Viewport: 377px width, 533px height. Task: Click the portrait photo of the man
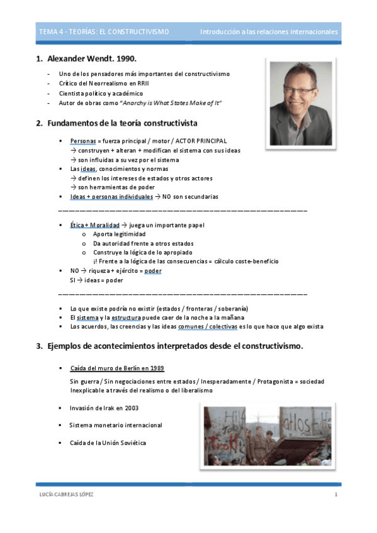click(x=300, y=94)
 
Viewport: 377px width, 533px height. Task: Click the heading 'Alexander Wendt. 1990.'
click(x=91, y=59)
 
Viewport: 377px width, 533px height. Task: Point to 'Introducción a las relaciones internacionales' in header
click(x=269, y=31)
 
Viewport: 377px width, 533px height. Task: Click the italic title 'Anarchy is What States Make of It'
click(x=171, y=102)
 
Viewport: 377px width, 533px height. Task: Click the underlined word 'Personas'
click(x=83, y=141)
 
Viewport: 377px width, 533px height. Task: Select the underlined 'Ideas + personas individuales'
click(x=111, y=197)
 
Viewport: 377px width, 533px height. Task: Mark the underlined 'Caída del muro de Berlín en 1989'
click(x=117, y=368)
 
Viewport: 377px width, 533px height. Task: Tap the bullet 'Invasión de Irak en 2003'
click(x=104, y=408)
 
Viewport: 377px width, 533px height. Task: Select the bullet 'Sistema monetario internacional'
click(x=115, y=426)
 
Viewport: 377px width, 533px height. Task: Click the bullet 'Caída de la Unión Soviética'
click(x=108, y=442)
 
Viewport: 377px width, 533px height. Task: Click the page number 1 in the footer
click(x=336, y=495)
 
